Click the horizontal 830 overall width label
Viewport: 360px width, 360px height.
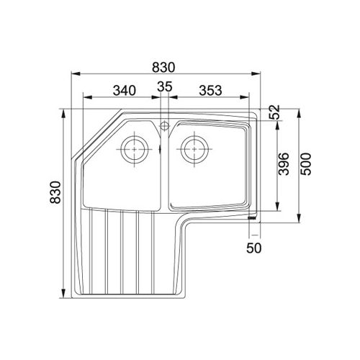[x=165, y=66]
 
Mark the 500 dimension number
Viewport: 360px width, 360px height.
[x=305, y=165]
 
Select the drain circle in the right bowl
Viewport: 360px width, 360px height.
[x=194, y=149]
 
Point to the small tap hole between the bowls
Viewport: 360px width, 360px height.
[x=165, y=126]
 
